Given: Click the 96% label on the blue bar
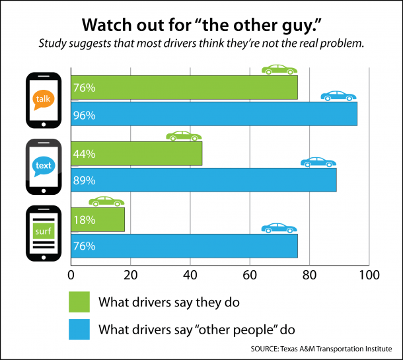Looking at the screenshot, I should tap(85, 115).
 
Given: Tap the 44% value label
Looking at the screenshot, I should tap(85, 154).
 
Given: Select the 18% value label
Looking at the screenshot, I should tap(85, 219).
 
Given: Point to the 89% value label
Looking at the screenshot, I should tap(85, 180).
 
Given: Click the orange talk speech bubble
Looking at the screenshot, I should tap(43, 98).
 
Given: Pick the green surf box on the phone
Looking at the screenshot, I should tap(43, 231).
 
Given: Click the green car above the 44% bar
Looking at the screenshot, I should tap(184, 135).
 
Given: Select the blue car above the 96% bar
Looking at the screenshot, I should tap(338, 96).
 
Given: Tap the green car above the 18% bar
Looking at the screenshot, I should tap(106, 201).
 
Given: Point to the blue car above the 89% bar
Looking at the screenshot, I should tap(318, 162).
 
